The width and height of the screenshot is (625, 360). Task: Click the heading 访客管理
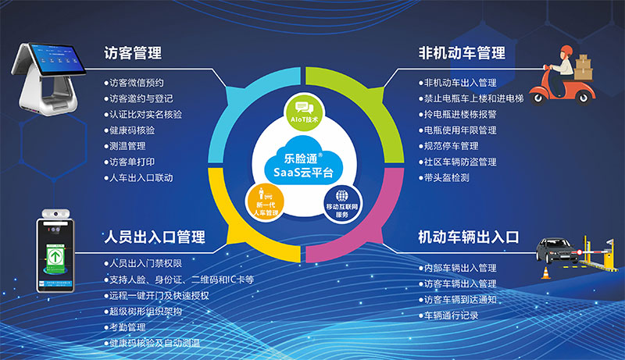[133, 53]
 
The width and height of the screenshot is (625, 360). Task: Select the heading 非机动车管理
[461, 53]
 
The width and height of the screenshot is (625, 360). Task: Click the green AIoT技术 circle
[302, 112]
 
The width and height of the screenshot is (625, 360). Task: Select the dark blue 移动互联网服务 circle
[341, 201]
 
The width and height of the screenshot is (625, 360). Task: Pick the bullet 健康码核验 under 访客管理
[132, 130]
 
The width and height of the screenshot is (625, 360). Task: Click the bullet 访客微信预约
[137, 82]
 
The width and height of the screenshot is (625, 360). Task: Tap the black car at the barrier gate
[557, 251]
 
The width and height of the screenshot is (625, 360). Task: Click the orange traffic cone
[546, 273]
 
